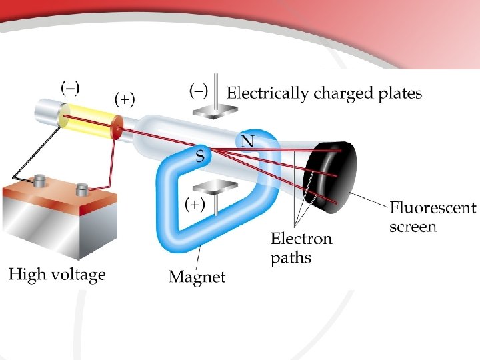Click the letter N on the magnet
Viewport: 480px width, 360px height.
(x=247, y=141)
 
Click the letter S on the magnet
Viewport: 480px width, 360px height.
(x=199, y=157)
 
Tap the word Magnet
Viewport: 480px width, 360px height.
(x=197, y=276)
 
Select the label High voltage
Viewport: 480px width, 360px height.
(x=57, y=274)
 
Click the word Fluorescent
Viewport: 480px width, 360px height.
(x=433, y=207)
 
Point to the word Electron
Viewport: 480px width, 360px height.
(x=301, y=239)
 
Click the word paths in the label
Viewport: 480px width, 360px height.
(x=291, y=258)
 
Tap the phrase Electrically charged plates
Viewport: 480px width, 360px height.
(x=325, y=93)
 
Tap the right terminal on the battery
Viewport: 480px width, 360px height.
(x=83, y=190)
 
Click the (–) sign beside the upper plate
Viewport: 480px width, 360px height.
(x=199, y=89)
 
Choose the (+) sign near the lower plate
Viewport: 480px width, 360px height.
(x=193, y=204)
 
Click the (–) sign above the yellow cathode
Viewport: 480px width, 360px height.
(x=71, y=87)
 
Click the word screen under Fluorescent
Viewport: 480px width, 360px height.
(x=413, y=227)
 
